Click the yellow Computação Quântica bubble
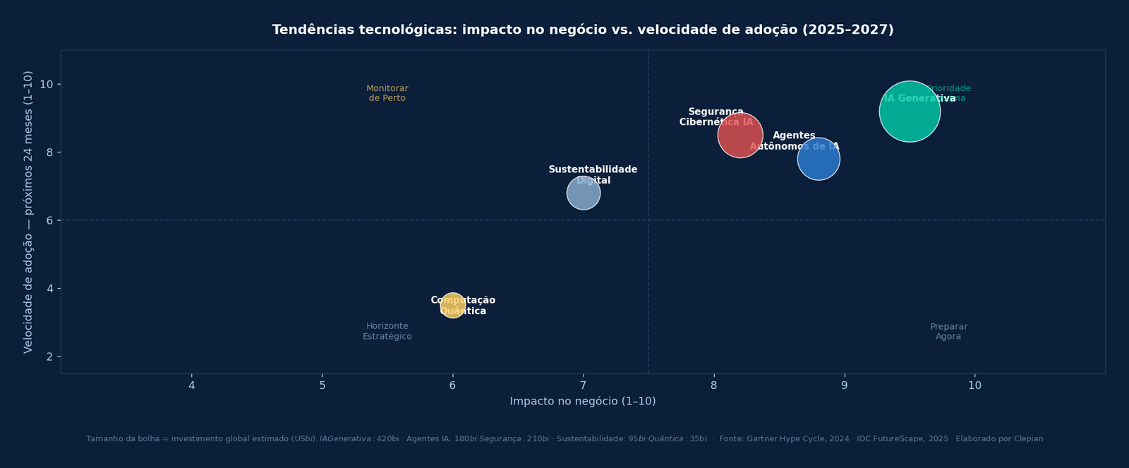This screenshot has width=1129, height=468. click(x=452, y=305)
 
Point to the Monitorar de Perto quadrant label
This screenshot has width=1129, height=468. click(x=387, y=93)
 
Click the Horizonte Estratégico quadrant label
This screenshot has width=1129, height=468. click(x=387, y=331)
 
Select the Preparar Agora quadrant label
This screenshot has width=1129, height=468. click(x=948, y=331)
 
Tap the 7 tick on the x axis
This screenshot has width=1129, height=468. click(x=583, y=385)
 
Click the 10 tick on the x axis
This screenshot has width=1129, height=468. click(x=974, y=385)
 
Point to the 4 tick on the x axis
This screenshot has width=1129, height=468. click(x=191, y=385)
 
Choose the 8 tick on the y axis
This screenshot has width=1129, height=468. click(x=49, y=152)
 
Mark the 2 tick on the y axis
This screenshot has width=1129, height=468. click(x=49, y=356)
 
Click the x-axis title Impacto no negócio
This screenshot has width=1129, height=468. click(x=583, y=401)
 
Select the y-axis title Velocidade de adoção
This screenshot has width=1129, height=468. click(x=28, y=212)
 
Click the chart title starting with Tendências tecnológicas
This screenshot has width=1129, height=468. click(x=583, y=30)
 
